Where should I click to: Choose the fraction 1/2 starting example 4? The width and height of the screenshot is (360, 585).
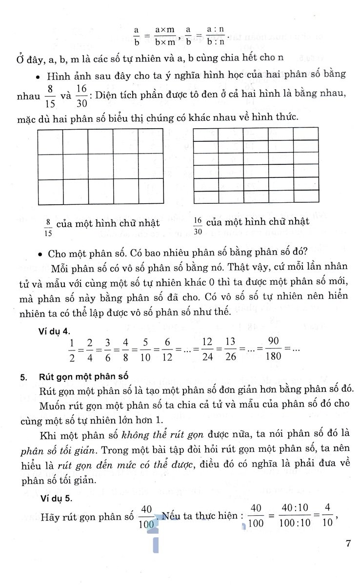coord(72,349)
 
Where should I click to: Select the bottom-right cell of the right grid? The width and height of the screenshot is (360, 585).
coord(305,197)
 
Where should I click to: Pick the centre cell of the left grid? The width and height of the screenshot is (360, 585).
coord(100,167)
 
